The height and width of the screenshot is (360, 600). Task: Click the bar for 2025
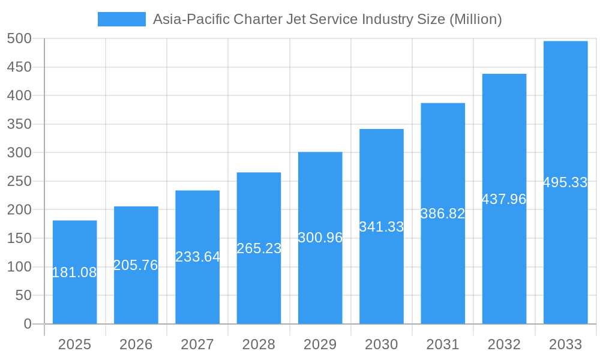[74, 300]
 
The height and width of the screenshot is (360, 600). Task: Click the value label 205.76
[136, 265]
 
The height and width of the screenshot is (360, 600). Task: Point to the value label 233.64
[197, 257]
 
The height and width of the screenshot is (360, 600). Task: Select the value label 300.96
[320, 238]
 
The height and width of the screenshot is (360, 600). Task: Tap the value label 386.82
[443, 214]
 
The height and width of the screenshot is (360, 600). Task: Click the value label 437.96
[504, 199]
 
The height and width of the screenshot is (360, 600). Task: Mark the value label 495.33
[565, 182]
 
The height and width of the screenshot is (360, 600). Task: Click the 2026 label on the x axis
[136, 344]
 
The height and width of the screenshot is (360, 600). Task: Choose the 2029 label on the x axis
[320, 344]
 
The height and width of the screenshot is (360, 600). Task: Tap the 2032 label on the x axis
[504, 344]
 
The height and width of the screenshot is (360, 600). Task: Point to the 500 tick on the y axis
[19, 38]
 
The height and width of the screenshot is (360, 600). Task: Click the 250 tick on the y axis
[19, 181]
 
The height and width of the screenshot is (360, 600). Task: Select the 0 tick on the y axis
[27, 324]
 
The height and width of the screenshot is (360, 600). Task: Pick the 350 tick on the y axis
[19, 124]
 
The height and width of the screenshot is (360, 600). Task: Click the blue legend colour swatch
[121, 19]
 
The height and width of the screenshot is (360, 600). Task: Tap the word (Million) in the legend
[475, 19]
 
